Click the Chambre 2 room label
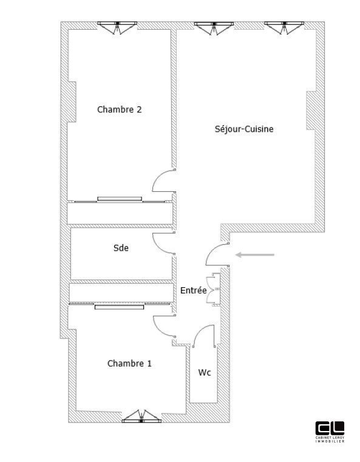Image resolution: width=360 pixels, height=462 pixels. [x=120, y=110]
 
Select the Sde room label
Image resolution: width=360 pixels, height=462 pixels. [x=121, y=248]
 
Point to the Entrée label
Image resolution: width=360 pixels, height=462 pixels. [x=194, y=290]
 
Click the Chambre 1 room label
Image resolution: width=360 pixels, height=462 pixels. [x=129, y=364]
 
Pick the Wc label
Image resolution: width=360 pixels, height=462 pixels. [x=205, y=372]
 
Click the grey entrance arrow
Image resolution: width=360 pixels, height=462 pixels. [x=256, y=254]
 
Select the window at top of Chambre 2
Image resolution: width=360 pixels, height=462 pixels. [x=119, y=27]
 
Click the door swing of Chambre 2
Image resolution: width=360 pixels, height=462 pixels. [x=165, y=182]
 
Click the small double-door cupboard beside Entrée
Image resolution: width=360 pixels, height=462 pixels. [x=212, y=288]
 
